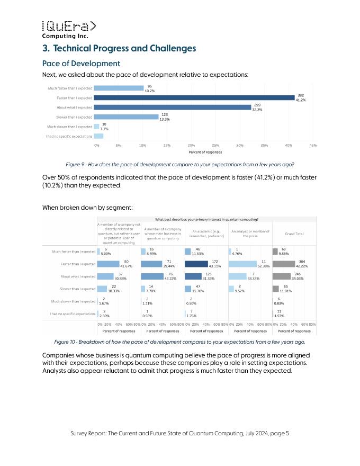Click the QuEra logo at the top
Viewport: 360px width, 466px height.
(x=69, y=30)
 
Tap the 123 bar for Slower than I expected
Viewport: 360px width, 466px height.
(x=128, y=117)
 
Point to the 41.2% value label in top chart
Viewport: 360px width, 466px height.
(x=301, y=100)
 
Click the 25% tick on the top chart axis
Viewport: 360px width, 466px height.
(x=215, y=145)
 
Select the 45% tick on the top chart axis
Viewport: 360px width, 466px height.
(x=313, y=145)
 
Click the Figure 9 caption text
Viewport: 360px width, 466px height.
(x=179, y=164)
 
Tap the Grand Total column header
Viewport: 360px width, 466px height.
(x=294, y=234)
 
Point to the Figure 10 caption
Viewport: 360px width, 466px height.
(x=179, y=342)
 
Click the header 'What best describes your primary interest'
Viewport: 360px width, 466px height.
(x=206, y=219)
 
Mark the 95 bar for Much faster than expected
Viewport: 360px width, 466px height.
(x=120, y=88)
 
